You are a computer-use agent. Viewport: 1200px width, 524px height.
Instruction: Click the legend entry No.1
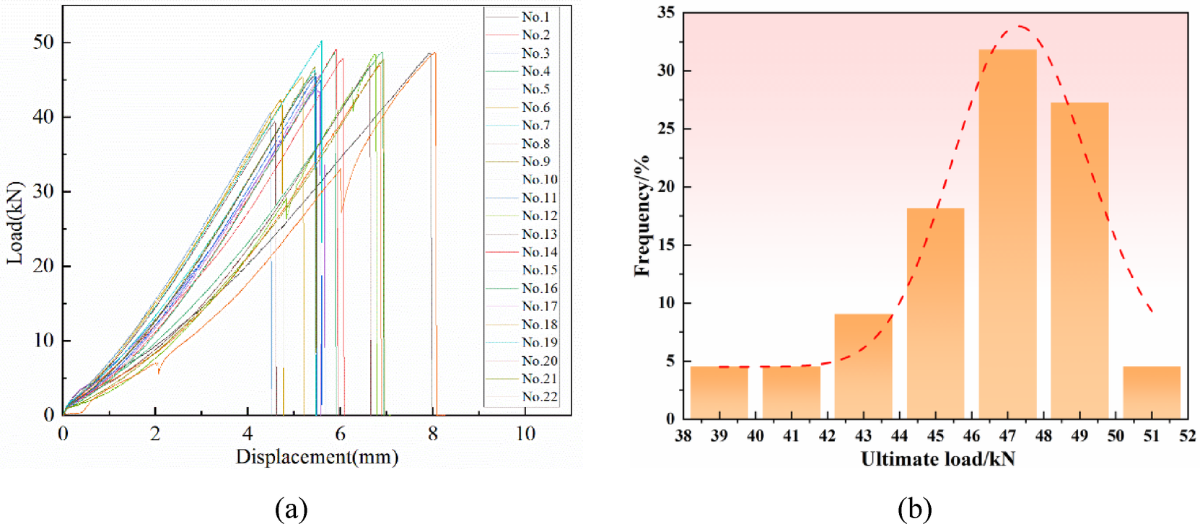535,17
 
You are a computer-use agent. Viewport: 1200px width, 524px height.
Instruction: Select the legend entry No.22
539,397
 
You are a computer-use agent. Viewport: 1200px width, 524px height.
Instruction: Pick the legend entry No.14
539,252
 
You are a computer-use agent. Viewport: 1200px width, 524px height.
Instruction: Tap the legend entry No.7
535,126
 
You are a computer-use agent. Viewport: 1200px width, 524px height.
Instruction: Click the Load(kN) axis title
15,222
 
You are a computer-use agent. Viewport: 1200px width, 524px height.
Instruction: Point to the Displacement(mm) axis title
317,457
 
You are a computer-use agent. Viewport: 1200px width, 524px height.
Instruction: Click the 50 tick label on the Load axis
43,43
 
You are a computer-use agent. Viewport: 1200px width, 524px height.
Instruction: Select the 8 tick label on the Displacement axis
432,434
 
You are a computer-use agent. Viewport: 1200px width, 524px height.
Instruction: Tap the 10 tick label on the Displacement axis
525,434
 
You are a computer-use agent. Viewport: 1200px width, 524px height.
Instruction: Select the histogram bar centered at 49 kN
1079,260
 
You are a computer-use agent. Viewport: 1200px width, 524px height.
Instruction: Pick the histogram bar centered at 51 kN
1151,393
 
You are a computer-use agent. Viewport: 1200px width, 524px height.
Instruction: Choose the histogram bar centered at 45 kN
935,313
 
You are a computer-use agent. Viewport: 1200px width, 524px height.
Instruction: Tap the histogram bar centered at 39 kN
719,393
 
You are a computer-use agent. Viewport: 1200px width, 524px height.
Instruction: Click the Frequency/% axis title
641,215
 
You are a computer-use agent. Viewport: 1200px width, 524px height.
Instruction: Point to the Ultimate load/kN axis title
937,460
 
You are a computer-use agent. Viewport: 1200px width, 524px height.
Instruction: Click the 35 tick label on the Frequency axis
666,13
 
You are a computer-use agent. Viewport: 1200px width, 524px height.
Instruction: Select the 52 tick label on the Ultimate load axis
1187,436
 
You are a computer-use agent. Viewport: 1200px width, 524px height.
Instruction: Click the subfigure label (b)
914,509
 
